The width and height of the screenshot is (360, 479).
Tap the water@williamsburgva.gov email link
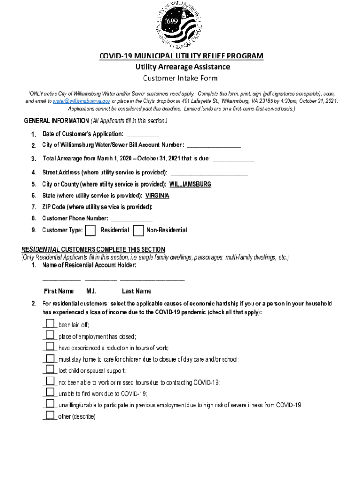pos(81,101)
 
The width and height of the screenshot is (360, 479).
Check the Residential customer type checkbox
pos(91,230)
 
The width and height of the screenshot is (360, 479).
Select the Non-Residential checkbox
pos(138,230)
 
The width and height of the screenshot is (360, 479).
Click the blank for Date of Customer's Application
pos(139,135)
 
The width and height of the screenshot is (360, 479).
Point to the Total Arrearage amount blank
pos(234,160)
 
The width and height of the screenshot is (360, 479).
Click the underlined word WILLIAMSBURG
pos(190,184)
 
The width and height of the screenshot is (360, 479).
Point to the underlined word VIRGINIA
pos(157,196)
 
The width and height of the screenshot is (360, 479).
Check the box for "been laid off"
pos(50,324)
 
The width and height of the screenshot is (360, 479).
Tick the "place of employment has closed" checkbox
pos(50,335)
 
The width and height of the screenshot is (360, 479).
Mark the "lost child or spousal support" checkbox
pos(50,369)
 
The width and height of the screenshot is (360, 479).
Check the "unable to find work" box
pos(50,392)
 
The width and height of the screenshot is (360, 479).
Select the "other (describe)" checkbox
pos(50,415)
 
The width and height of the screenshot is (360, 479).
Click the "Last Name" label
pos(137,291)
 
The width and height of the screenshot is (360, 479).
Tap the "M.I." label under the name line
pos(92,291)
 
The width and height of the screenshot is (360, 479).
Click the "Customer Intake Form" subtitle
pos(180,78)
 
